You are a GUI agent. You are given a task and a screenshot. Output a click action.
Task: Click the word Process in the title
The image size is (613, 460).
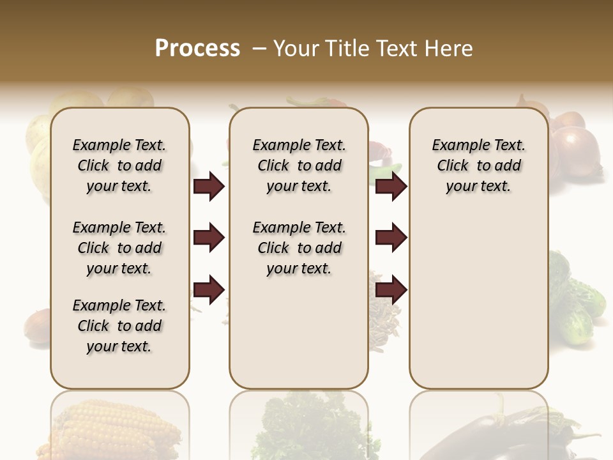pos(197,49)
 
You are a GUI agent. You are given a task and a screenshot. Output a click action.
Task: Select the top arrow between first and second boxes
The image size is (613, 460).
pos(209,186)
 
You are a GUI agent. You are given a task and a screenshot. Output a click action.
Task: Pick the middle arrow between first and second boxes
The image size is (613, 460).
pos(209,238)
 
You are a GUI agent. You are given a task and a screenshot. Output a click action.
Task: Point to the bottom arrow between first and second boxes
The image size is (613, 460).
pos(209,290)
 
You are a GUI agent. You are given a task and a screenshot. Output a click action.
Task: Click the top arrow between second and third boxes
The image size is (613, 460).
pos(391,186)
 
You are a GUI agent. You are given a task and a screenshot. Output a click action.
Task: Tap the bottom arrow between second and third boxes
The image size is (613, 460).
pos(391,290)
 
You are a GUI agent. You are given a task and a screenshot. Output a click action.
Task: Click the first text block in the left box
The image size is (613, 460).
pos(119,165)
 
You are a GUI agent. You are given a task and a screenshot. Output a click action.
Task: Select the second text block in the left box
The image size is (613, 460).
pos(119,248)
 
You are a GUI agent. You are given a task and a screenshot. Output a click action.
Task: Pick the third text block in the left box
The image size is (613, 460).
pos(119,326)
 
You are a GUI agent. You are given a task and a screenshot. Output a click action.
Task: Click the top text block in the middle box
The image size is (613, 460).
pos(299,165)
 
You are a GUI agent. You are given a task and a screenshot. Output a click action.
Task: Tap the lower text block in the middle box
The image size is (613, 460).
pos(299,248)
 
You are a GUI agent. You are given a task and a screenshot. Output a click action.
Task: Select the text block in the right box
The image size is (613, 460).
pos(479,165)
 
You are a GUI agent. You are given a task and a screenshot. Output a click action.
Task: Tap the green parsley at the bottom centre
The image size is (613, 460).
pos(300,428)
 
